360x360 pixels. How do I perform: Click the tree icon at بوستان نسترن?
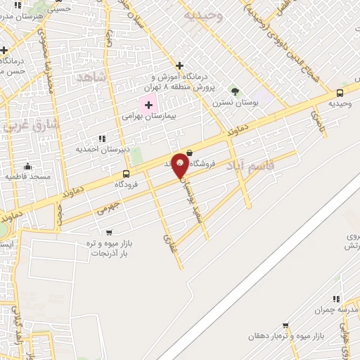click(235, 91)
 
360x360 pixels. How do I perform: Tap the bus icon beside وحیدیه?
click(340, 92)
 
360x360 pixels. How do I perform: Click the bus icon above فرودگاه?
click(127, 174)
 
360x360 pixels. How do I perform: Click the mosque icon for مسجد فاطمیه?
click(27, 166)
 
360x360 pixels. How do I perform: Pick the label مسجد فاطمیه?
click(28, 176)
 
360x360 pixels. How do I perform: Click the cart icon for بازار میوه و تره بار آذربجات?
click(108, 232)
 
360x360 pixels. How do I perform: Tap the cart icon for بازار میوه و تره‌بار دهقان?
click(285, 326)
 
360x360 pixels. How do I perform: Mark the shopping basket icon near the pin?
click(189, 152)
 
